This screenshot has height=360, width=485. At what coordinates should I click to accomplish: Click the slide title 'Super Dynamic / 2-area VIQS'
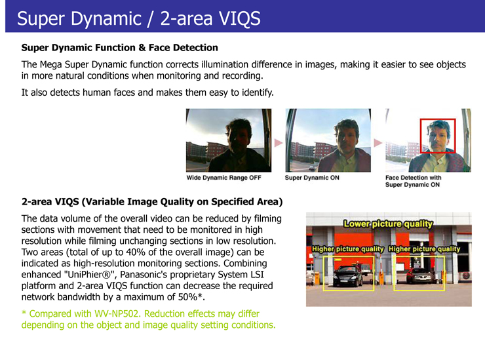(138, 18)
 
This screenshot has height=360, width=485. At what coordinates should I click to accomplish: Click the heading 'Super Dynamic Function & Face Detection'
(120, 48)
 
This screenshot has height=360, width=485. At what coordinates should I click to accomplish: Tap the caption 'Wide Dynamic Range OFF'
(223, 178)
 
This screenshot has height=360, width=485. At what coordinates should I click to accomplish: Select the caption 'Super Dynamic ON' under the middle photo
(312, 178)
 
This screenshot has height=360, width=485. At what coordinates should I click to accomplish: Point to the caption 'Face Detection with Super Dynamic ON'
(414, 181)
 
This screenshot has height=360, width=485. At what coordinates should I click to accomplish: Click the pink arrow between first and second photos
(279, 143)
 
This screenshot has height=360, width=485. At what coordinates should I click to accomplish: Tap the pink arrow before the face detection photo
(378, 143)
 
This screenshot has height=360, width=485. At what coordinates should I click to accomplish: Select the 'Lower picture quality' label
(388, 224)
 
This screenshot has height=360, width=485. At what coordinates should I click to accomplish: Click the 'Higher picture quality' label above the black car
(347, 249)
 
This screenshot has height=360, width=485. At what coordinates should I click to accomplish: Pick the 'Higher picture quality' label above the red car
(425, 249)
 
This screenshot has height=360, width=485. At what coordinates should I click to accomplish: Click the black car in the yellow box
(347, 276)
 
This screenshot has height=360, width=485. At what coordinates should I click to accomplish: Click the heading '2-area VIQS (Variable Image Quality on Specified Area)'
(152, 202)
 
